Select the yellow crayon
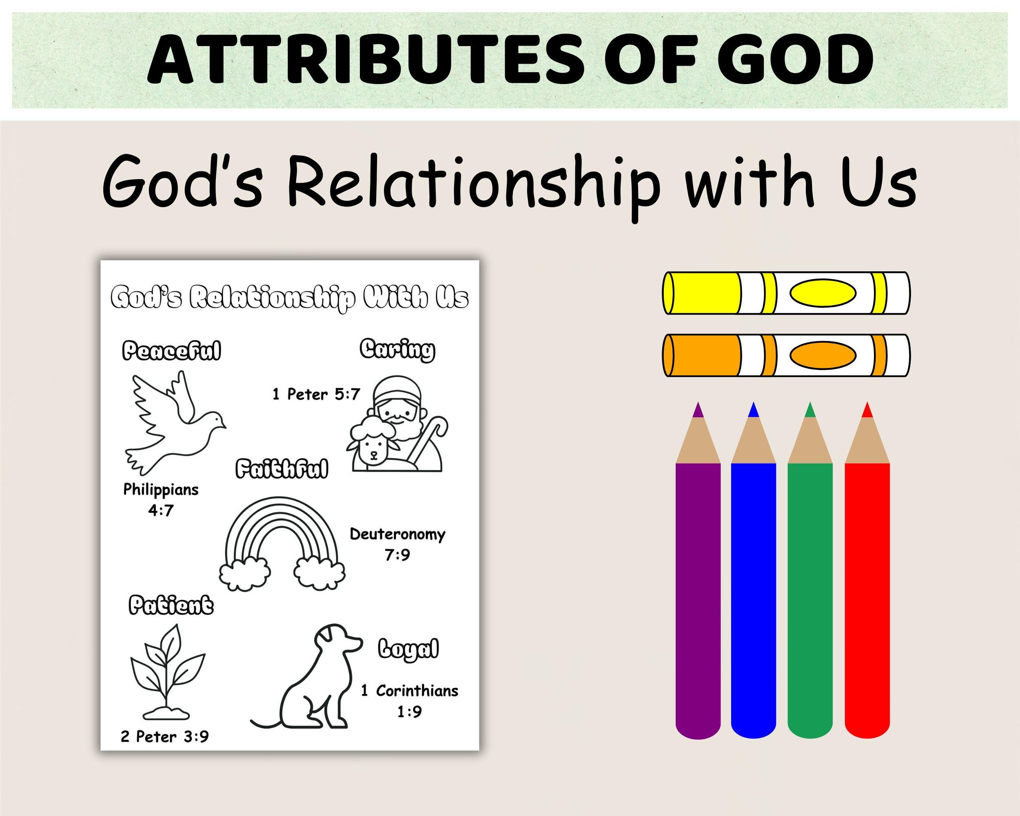786,293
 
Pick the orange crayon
786,355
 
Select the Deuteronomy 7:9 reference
397,544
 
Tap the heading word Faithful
282,470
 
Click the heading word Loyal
408,649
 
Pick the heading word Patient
171,606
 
